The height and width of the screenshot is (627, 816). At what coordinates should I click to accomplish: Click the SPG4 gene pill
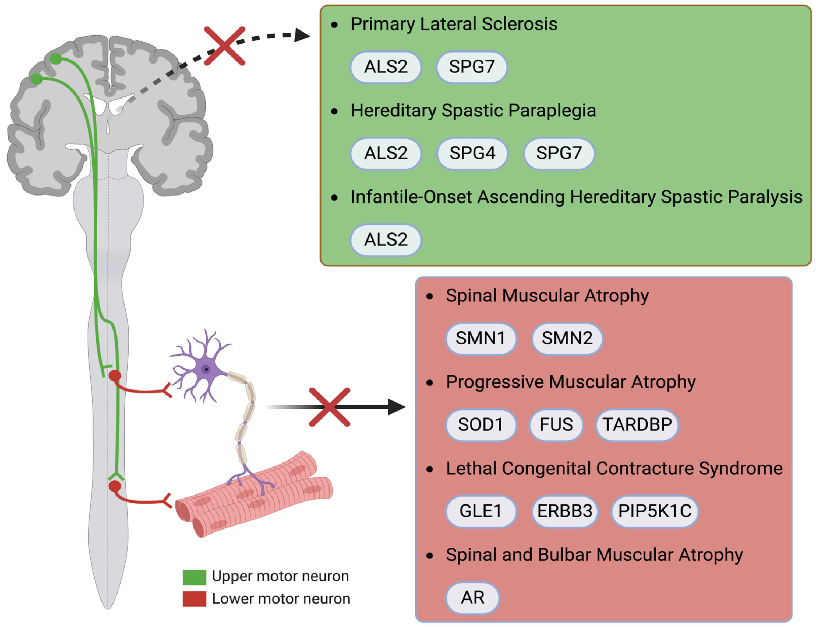[472, 153]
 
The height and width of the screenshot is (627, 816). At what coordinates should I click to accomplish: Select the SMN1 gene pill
[481, 338]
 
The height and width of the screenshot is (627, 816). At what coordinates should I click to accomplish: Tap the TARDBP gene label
[637, 424]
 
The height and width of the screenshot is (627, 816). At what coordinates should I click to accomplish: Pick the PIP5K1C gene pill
[655, 511]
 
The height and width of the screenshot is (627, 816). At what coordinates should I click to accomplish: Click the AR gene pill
[472, 598]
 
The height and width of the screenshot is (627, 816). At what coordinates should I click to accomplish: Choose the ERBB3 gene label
[564, 511]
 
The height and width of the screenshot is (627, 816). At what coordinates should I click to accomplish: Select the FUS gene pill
[556, 424]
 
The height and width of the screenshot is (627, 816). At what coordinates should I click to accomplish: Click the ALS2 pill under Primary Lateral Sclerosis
[386, 67]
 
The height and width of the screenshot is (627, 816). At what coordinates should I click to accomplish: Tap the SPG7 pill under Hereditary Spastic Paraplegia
[559, 153]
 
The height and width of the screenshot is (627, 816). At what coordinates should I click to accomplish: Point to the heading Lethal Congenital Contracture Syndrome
[614, 468]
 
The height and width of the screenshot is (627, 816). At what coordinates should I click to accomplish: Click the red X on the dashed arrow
[224, 46]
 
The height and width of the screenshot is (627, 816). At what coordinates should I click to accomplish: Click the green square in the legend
[194, 577]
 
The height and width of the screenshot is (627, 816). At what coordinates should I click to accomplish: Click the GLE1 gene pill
[481, 511]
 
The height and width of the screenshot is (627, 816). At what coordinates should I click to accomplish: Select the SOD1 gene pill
[481, 424]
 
